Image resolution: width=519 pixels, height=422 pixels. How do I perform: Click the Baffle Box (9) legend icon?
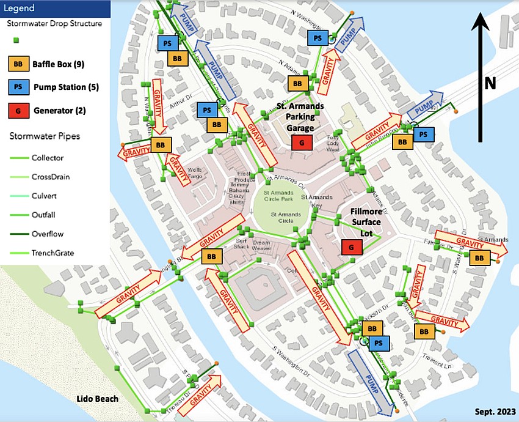tap(18, 63)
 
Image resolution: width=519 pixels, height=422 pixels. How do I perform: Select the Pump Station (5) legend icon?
tap(18, 87)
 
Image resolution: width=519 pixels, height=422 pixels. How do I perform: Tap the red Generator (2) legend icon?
tap(18, 110)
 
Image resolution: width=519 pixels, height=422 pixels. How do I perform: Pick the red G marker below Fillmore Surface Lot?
tap(351, 246)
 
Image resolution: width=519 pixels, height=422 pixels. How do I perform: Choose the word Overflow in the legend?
tap(48, 234)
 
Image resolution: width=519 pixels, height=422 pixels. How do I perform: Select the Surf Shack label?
tap(242, 243)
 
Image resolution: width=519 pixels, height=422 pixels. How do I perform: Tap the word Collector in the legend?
tap(48, 158)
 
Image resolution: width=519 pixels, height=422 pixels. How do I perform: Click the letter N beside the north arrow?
tap(490, 83)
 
